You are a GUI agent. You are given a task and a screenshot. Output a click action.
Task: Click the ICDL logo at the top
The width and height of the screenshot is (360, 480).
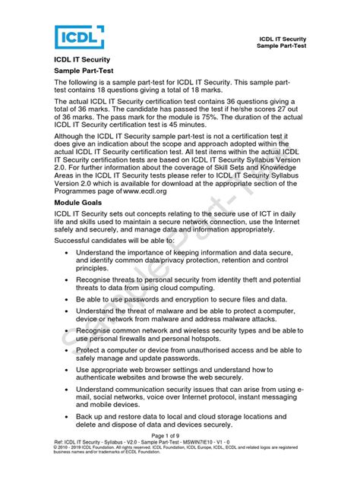pyautogui.click(x=79, y=36)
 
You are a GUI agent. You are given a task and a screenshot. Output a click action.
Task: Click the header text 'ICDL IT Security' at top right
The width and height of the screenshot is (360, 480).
pyautogui.click(x=283, y=38)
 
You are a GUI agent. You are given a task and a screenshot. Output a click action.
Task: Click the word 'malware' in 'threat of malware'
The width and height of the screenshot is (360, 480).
pyautogui.click(x=172, y=312)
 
